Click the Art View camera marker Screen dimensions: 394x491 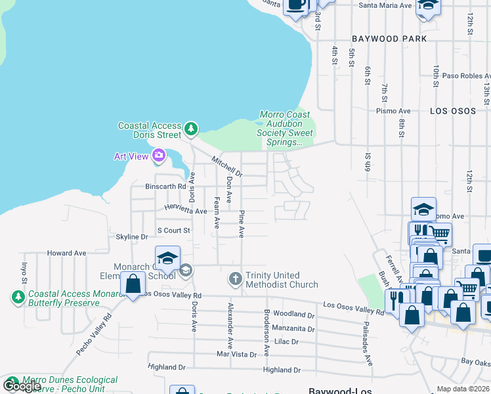158,156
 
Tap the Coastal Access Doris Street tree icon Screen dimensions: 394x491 191,129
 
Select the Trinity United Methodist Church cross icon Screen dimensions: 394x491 236,280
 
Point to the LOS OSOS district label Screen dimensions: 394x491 452,111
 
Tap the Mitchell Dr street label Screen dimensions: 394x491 227,167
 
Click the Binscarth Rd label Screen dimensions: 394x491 165,186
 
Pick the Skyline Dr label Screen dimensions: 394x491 132,236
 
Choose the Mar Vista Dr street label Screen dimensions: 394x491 236,354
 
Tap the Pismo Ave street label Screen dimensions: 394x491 396,111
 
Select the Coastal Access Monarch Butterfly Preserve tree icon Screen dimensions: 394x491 17,297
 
